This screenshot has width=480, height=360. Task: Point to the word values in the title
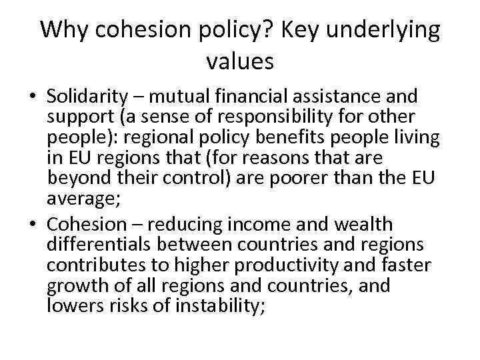[240, 61]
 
